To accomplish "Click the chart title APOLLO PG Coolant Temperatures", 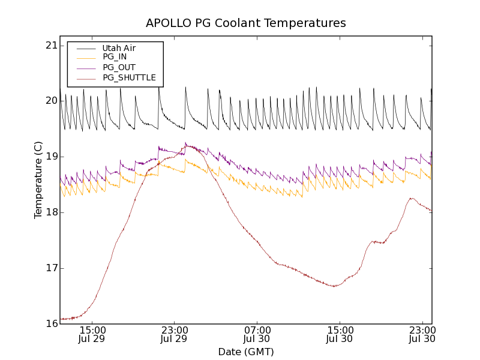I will (x=246, y=23).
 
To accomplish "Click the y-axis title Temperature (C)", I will (x=38, y=180).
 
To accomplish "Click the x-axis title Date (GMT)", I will (x=246, y=352).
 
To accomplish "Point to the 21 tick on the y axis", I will (x=50, y=46).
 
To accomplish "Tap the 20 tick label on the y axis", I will (x=50, y=101).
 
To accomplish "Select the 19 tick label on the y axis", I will (x=50, y=157).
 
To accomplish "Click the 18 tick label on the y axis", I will (x=50, y=212).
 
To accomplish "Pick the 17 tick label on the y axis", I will (x=50, y=268).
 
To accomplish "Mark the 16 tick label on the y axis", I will (x=50, y=324).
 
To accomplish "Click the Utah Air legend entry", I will (x=119, y=48).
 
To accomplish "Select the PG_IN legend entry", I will (x=115, y=57).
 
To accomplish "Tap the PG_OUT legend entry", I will (x=119, y=67).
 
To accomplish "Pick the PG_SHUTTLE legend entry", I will (x=129, y=77).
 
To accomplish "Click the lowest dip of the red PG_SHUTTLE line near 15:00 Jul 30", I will (x=334, y=286).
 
